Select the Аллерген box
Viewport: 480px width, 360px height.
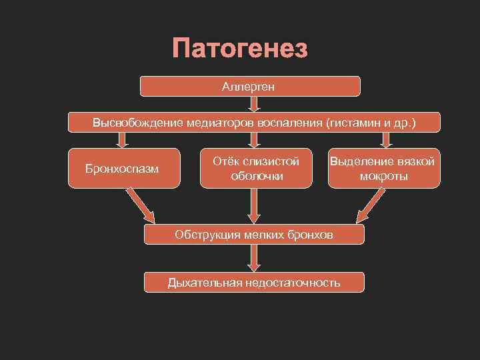click(x=249, y=86)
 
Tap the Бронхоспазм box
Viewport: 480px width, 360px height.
click(x=123, y=168)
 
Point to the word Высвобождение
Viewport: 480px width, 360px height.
click(x=127, y=123)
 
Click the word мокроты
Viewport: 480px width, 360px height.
click(x=384, y=176)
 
